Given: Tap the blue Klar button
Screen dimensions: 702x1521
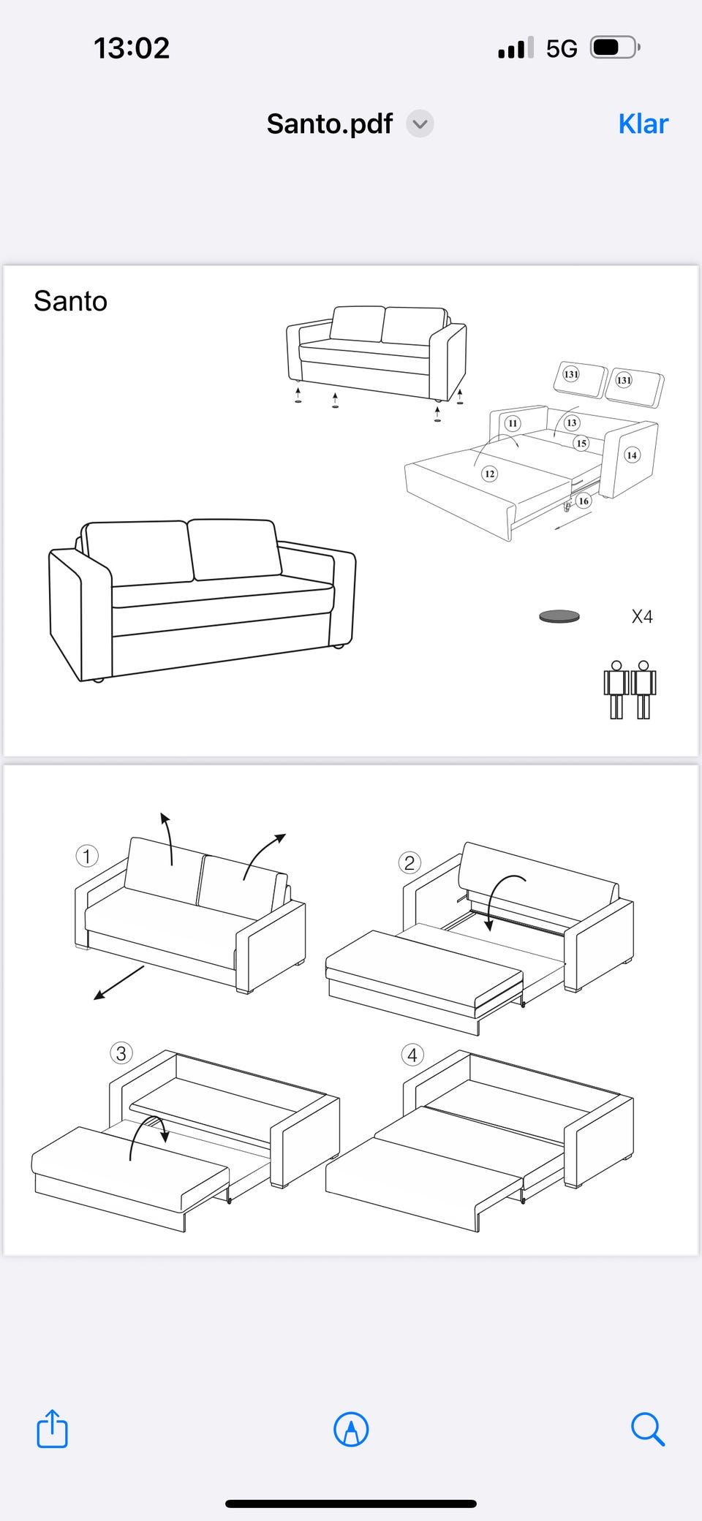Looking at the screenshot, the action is [643, 124].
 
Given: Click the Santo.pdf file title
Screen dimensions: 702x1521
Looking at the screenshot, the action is [329, 124].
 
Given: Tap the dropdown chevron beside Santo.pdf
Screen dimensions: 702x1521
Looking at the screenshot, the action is [420, 124].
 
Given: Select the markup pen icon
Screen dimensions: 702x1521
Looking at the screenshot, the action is [351, 1429].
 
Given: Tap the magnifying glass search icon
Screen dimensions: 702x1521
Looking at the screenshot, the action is [647, 1429].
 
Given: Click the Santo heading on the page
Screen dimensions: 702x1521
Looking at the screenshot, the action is [70, 301].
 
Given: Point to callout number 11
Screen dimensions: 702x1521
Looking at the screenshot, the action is [513, 423].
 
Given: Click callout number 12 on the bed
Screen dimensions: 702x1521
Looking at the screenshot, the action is [489, 474].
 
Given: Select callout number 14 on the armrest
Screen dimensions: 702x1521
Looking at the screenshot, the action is [632, 455].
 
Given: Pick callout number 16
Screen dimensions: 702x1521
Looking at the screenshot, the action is [583, 501].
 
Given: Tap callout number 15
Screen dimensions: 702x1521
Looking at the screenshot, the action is [581, 443].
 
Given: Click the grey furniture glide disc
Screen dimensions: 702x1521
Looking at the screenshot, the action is [559, 616].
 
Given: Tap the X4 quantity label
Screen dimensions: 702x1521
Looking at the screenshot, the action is [642, 617].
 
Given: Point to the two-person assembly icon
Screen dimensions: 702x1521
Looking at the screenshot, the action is [630, 690].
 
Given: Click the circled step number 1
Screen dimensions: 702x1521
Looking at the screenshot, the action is [87, 856].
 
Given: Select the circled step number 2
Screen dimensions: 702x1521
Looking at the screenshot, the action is [409, 862].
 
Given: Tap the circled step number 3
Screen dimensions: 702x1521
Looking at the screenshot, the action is [121, 1053].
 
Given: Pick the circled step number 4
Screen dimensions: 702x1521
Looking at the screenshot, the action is [412, 1055].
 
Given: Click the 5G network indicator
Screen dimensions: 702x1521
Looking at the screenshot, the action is [562, 49].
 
